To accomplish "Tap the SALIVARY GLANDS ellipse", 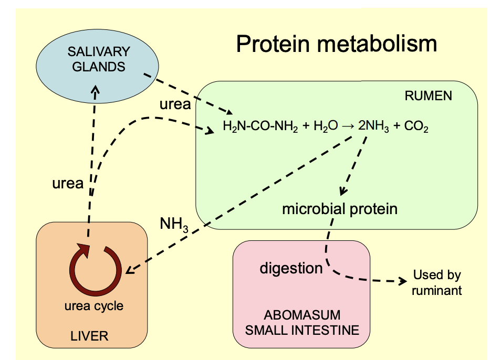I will (x=98, y=61).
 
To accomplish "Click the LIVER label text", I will (x=89, y=336).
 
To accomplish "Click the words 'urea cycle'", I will (x=93, y=306).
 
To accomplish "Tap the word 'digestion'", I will (x=291, y=268).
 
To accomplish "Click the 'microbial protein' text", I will (x=339, y=209).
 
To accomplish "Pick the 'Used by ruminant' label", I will (x=437, y=282).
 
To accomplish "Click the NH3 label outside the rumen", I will (x=174, y=225).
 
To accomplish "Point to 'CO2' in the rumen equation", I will (x=416, y=126).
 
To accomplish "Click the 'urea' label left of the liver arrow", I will (x=68, y=183).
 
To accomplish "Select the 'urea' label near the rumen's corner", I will (x=175, y=104).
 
